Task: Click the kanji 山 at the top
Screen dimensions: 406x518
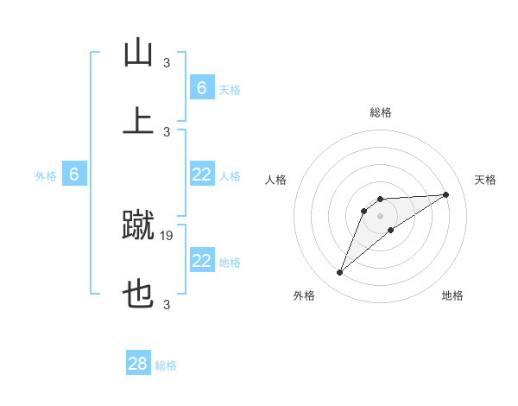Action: (138, 54)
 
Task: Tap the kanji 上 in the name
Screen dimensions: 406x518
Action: (138, 119)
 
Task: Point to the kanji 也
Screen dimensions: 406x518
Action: (138, 295)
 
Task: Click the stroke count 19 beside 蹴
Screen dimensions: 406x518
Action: (167, 235)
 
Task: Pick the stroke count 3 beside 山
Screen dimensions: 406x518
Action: (167, 62)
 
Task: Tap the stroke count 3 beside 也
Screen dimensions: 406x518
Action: (167, 304)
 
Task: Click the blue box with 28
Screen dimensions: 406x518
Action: (138, 364)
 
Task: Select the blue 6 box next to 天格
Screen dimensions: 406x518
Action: (202, 88)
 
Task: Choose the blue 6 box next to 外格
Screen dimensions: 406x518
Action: (74, 174)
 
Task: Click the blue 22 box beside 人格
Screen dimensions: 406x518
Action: (202, 174)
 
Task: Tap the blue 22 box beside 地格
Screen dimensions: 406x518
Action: (202, 261)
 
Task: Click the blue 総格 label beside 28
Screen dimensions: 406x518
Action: (166, 365)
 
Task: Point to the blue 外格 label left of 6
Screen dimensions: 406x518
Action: (46, 176)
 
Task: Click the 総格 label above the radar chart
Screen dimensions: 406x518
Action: (381, 112)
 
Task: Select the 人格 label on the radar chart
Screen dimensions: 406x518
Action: (277, 180)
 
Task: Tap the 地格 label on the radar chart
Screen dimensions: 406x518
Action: (452, 295)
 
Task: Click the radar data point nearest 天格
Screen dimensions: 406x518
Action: (446, 194)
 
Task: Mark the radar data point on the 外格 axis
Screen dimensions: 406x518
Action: (339, 273)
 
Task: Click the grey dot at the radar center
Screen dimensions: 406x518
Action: (381, 215)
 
